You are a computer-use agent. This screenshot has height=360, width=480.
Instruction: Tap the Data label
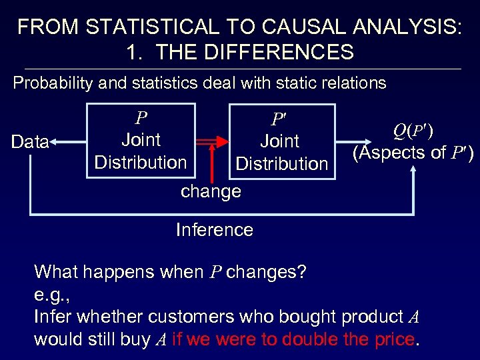click(30, 142)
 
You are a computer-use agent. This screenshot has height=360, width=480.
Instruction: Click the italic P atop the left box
click(141, 119)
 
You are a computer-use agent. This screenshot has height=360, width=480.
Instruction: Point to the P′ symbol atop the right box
click(279, 120)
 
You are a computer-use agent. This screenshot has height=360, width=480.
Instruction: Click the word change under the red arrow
click(211, 192)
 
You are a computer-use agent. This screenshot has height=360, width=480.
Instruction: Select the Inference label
click(214, 230)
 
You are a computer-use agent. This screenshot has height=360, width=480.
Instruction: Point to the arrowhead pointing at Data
click(54, 142)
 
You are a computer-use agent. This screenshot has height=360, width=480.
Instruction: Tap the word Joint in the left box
click(141, 140)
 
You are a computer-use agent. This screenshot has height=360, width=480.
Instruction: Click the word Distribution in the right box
click(282, 163)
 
